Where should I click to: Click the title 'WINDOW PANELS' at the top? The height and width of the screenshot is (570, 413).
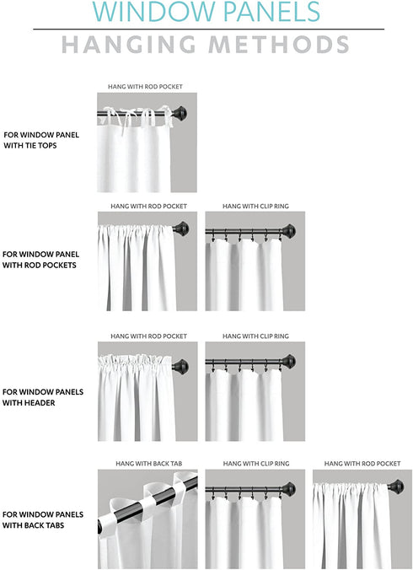[206, 12]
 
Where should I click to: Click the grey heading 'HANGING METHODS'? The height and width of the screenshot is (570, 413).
[206, 44]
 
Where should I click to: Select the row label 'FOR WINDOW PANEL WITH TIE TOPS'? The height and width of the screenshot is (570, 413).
[42, 139]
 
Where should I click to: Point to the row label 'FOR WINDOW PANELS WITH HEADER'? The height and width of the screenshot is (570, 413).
[43, 397]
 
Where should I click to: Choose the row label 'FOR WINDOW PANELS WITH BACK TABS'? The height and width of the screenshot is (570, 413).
[43, 519]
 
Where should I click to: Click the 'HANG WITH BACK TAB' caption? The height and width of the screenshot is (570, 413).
[147, 464]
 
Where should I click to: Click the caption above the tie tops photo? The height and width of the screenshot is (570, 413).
[145, 87]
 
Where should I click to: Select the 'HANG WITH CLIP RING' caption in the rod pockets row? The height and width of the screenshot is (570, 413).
[255, 206]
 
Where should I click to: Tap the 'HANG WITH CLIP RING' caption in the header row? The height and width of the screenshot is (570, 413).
[255, 336]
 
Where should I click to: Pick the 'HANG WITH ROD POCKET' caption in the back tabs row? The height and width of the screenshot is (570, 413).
[362, 464]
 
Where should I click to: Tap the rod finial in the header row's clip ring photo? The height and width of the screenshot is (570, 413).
[290, 363]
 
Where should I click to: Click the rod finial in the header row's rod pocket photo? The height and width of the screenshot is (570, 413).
[180, 365]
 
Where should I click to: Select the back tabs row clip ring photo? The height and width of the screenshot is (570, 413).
[255, 519]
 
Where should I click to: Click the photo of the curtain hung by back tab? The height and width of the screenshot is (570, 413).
[147, 519]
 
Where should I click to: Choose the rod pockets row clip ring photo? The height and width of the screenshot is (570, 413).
[255, 261]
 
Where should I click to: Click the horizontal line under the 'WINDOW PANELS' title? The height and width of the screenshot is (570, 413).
[208, 30]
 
